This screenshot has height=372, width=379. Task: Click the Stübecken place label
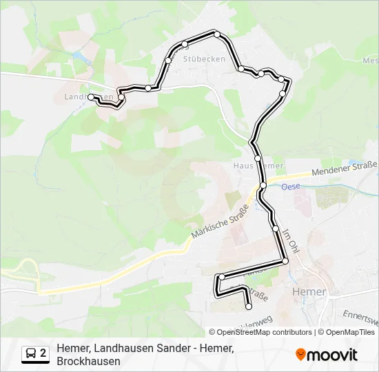point(204,59)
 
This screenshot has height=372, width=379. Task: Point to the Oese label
point(289,185)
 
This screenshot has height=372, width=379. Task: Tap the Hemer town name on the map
point(309,292)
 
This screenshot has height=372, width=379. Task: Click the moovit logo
point(327,355)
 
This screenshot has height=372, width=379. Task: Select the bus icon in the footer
point(32,354)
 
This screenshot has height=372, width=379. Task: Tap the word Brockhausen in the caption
point(89,361)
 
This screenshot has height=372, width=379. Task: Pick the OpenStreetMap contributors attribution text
point(264,332)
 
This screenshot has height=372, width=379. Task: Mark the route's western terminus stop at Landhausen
point(91,97)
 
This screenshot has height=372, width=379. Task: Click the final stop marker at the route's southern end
point(249,307)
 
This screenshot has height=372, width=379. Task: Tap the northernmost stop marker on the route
point(217,34)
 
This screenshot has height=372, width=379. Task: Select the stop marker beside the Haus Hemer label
point(258,158)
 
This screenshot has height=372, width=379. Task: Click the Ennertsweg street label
point(361,318)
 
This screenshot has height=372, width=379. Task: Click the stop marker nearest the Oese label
point(263,185)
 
